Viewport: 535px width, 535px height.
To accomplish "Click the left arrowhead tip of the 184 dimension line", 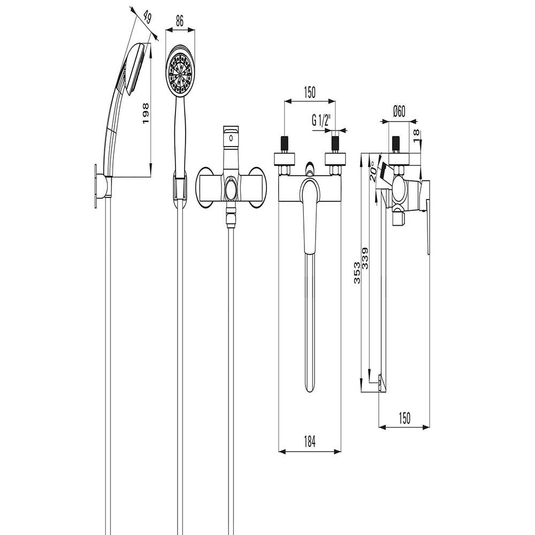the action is (x=279, y=452).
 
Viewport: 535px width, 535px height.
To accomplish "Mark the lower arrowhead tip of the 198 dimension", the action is (x=150, y=176).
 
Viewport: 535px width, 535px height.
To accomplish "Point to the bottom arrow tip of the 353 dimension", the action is (x=362, y=392).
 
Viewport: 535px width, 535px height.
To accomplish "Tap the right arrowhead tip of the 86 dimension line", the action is (x=195, y=30).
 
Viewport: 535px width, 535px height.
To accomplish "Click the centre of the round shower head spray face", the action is (x=180, y=72).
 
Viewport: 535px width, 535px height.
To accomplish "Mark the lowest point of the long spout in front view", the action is (x=309, y=392).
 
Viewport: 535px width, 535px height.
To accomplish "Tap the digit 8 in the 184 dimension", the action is (x=309, y=442).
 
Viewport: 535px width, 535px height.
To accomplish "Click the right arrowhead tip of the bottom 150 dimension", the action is (x=430, y=427).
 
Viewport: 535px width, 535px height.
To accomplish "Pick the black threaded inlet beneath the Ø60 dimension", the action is (x=396, y=143).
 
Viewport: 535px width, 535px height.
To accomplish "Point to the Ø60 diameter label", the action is (x=399, y=111).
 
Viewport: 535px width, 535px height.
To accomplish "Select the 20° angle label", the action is (x=373, y=171).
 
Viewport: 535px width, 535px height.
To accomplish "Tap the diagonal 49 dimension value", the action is (x=147, y=18).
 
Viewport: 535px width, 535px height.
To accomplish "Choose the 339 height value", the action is (x=365, y=258).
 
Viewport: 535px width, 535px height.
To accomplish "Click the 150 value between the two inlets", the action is (x=309, y=93).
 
